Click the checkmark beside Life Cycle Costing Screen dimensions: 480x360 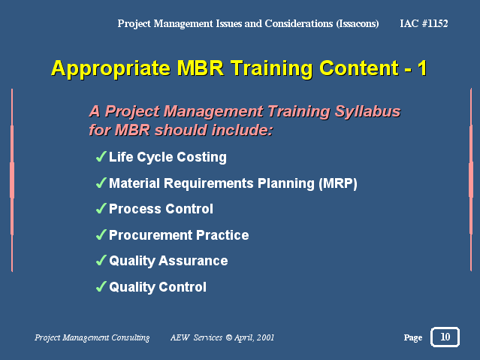point(101,156)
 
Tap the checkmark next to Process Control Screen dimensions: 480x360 point(101,209)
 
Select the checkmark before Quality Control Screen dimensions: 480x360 point(101,287)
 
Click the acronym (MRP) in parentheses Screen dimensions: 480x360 point(338,183)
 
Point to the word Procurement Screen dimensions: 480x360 point(151,235)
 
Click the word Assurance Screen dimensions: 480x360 point(193,261)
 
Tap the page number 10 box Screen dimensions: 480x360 point(445,337)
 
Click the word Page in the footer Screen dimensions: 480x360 point(412,337)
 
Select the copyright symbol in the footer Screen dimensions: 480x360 point(228,337)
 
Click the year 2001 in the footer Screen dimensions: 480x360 point(265,337)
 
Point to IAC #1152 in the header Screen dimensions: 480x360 point(424,23)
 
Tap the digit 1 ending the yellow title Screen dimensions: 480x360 point(422,68)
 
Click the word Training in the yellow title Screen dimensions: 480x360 point(271,68)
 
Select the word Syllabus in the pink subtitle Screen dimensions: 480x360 point(367,111)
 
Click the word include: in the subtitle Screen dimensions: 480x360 point(242,130)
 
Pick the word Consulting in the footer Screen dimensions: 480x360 point(131,337)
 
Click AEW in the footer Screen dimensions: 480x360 point(180,337)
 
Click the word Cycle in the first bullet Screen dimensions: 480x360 point(155,158)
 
